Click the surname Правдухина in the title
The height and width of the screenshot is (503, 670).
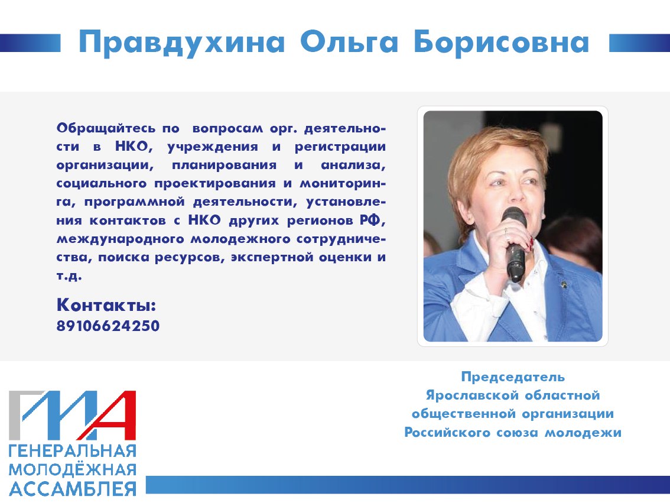pos(181,43)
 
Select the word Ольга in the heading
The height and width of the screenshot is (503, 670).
pos(350,43)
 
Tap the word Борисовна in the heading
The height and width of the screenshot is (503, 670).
pos(502,43)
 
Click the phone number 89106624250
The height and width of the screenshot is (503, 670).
pos(108,326)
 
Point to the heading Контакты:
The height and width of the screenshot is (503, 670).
pos(106,305)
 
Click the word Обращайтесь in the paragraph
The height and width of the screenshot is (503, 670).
pos(106,129)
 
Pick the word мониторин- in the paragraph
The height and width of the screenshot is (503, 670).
pos(343,184)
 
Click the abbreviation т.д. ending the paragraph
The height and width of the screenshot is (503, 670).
pos(69,275)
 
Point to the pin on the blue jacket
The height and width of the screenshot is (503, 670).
pos(564,283)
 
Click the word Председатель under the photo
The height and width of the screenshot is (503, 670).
pos(513,377)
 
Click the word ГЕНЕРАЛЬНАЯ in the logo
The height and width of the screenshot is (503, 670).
pos(73,451)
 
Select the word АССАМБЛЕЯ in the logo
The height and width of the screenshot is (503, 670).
pos(73,489)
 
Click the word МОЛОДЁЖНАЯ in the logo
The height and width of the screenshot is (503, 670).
pos(73,470)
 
